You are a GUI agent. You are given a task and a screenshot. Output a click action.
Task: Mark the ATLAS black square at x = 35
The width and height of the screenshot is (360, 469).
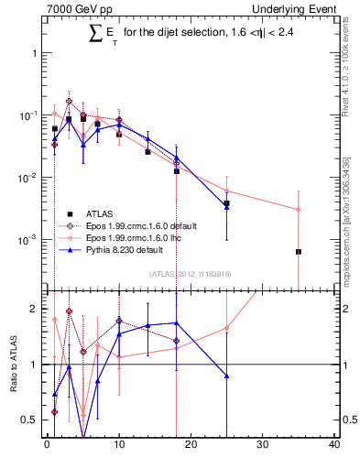click(x=299, y=251)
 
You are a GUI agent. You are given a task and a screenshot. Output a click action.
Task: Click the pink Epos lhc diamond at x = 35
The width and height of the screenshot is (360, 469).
click(x=299, y=210)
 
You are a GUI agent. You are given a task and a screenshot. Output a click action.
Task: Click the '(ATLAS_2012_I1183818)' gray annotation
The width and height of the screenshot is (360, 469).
click(x=190, y=273)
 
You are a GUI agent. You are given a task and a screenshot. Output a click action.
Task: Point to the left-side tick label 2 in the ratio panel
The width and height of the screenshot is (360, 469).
click(x=35, y=309)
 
